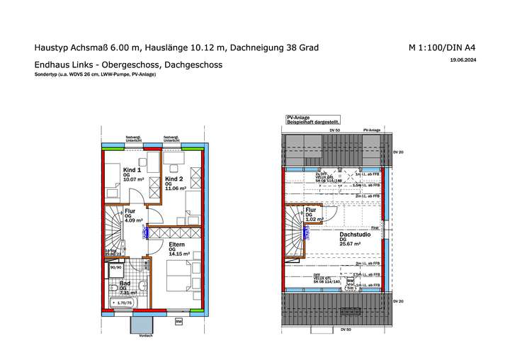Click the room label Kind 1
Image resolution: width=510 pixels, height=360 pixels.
click(x=132, y=170)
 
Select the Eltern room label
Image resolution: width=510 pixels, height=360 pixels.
click(x=177, y=244)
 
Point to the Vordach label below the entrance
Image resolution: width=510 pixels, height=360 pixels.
click(x=146, y=336)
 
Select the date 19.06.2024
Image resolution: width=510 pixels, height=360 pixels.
click(x=462, y=61)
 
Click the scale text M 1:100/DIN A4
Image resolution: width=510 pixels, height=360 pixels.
click(x=441, y=48)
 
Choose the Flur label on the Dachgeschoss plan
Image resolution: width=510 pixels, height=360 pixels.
click(x=310, y=210)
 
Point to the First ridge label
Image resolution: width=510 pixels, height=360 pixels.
click(x=375, y=228)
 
